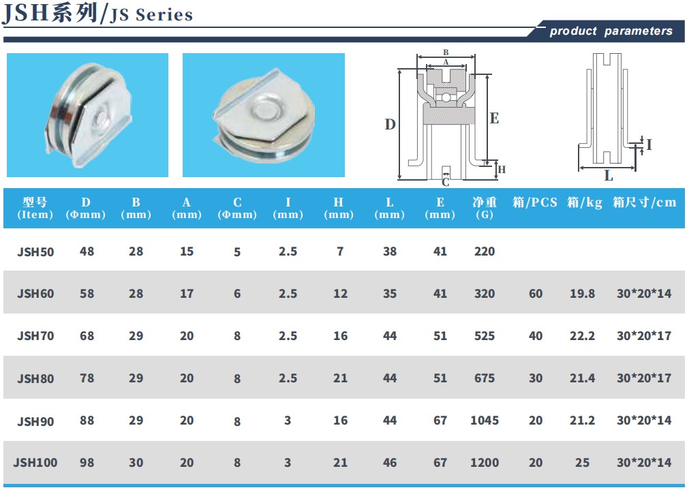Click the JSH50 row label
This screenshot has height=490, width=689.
click(x=35, y=251)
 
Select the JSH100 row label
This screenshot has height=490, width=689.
click(x=35, y=463)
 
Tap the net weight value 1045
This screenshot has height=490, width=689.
click(x=485, y=420)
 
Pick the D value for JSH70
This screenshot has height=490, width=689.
click(x=87, y=336)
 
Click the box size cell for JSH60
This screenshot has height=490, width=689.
click(x=644, y=294)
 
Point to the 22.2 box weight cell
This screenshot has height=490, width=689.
click(x=582, y=336)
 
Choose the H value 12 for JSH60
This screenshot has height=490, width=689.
click(x=340, y=294)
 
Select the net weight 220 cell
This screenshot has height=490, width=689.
click(x=485, y=251)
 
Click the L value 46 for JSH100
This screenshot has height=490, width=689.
click(x=389, y=463)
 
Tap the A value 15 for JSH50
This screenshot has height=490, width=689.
click(x=186, y=251)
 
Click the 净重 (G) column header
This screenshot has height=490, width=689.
click(x=485, y=208)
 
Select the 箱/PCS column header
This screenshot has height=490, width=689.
click(x=535, y=202)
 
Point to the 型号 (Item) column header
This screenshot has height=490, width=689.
click(x=35, y=208)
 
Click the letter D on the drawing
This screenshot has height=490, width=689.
click(x=390, y=125)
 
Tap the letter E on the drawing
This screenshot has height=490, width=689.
click(x=494, y=118)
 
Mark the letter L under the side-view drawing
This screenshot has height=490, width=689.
click(x=609, y=176)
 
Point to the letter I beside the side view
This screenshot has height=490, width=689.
click(x=649, y=144)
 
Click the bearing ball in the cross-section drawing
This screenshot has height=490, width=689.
click(x=446, y=97)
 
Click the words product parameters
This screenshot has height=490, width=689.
click(x=611, y=31)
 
